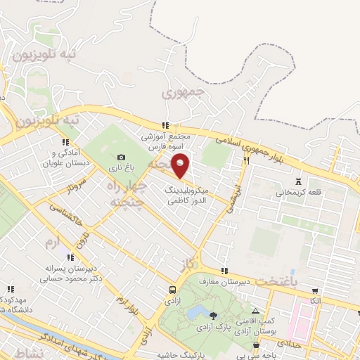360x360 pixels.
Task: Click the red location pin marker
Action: point(181,165)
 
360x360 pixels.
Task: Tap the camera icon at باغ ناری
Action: point(122,157)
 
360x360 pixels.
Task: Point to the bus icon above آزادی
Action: point(172,289)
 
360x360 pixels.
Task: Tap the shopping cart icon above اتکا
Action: point(315,290)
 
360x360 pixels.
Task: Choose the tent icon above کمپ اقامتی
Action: point(255,311)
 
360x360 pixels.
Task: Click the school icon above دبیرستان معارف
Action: point(224,271)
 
